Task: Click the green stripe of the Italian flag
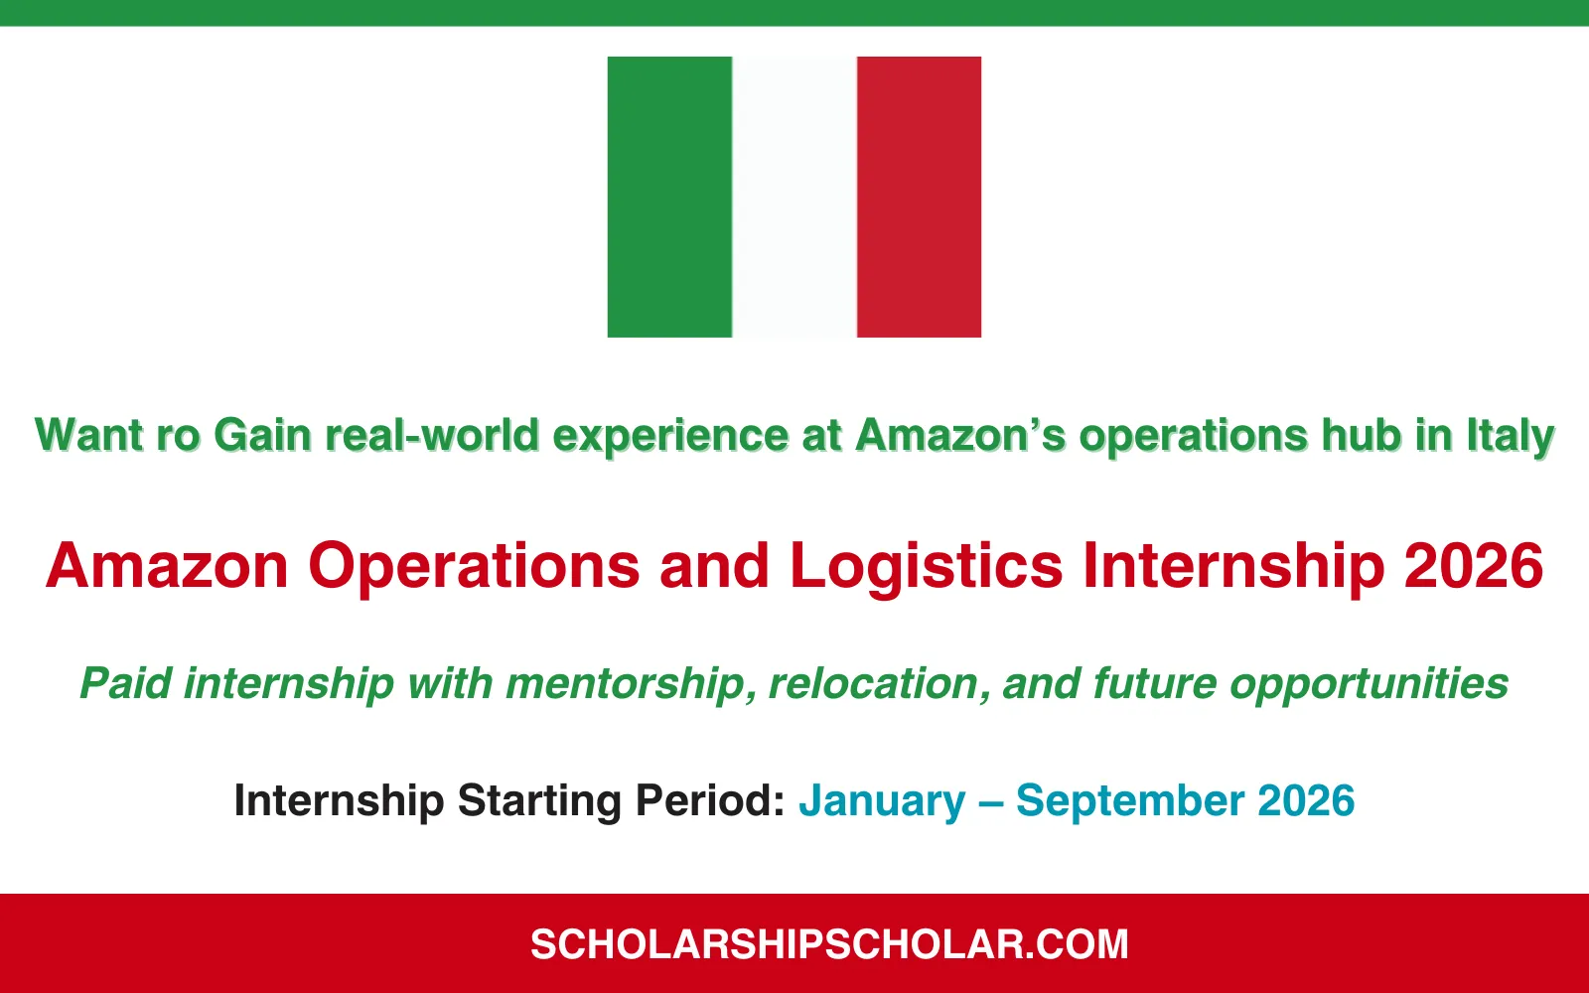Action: tap(669, 197)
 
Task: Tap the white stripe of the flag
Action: tap(794, 197)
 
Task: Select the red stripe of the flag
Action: tap(919, 197)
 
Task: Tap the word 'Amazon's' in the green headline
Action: tap(960, 436)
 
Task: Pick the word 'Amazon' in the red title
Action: tap(167, 566)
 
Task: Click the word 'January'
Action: tap(882, 801)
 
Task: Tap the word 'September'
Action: tap(1130, 801)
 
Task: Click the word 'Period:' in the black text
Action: tap(710, 801)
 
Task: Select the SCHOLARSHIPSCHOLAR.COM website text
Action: tap(829, 944)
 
